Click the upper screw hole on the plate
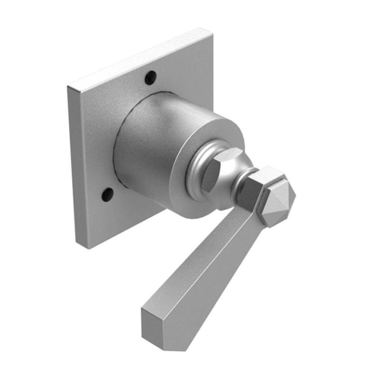[150, 78]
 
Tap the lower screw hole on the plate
[108, 193]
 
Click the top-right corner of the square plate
[212, 29]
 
